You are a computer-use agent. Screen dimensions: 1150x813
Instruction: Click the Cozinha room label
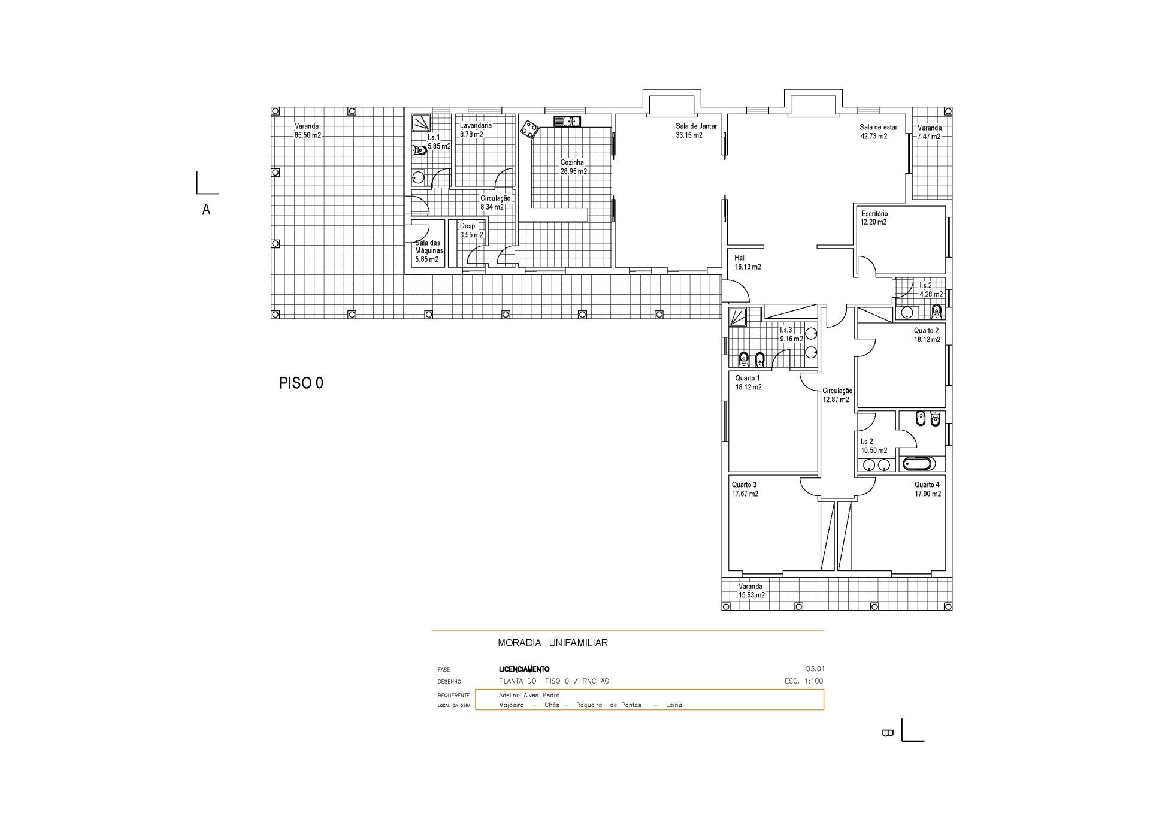[572, 162]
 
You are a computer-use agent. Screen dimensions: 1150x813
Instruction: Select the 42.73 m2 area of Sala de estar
[874, 136]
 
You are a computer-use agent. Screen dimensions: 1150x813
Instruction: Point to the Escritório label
[874, 214]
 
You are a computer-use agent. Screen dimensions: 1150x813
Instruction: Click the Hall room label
[740, 258]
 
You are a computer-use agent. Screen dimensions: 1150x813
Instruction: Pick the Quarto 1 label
[747, 378]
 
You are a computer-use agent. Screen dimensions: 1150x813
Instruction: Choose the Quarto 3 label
[744, 485]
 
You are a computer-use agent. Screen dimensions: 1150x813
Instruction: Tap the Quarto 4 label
[927, 485]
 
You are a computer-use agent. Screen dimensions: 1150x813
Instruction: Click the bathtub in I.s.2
[918, 464]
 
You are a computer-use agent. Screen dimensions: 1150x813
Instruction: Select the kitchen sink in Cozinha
[567, 122]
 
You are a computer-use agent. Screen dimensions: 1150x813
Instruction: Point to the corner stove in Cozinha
[529, 129]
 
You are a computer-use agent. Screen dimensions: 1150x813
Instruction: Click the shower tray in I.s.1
[420, 123]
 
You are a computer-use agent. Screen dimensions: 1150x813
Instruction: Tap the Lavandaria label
[476, 126]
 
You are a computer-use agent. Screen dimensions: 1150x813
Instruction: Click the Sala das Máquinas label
[429, 247]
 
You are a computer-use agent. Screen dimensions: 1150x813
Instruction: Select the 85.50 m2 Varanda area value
[307, 135]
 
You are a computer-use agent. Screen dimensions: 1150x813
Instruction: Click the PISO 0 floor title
[301, 383]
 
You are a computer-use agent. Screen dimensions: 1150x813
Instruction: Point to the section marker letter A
[206, 210]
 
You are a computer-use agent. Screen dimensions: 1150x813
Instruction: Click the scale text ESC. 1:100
[804, 681]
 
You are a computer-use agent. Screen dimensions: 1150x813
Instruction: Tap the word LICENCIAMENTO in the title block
[524, 669]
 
